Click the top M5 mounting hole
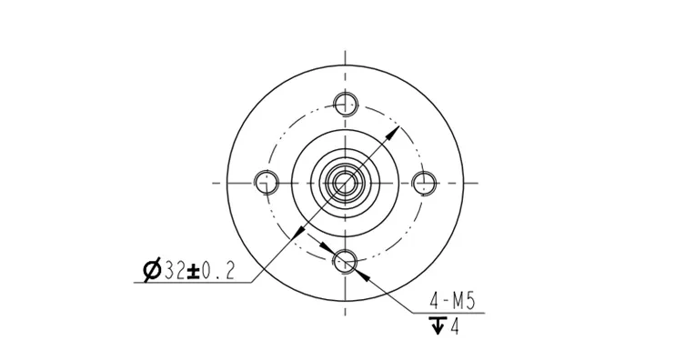[x=344, y=103]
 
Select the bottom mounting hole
[x=344, y=263]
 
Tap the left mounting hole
[x=265, y=182]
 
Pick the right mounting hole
[x=423, y=182]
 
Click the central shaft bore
[x=344, y=182]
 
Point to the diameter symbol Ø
[x=152, y=270]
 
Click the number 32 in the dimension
[x=174, y=270]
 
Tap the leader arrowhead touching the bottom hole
[x=356, y=267]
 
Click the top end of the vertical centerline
[x=344, y=50]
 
